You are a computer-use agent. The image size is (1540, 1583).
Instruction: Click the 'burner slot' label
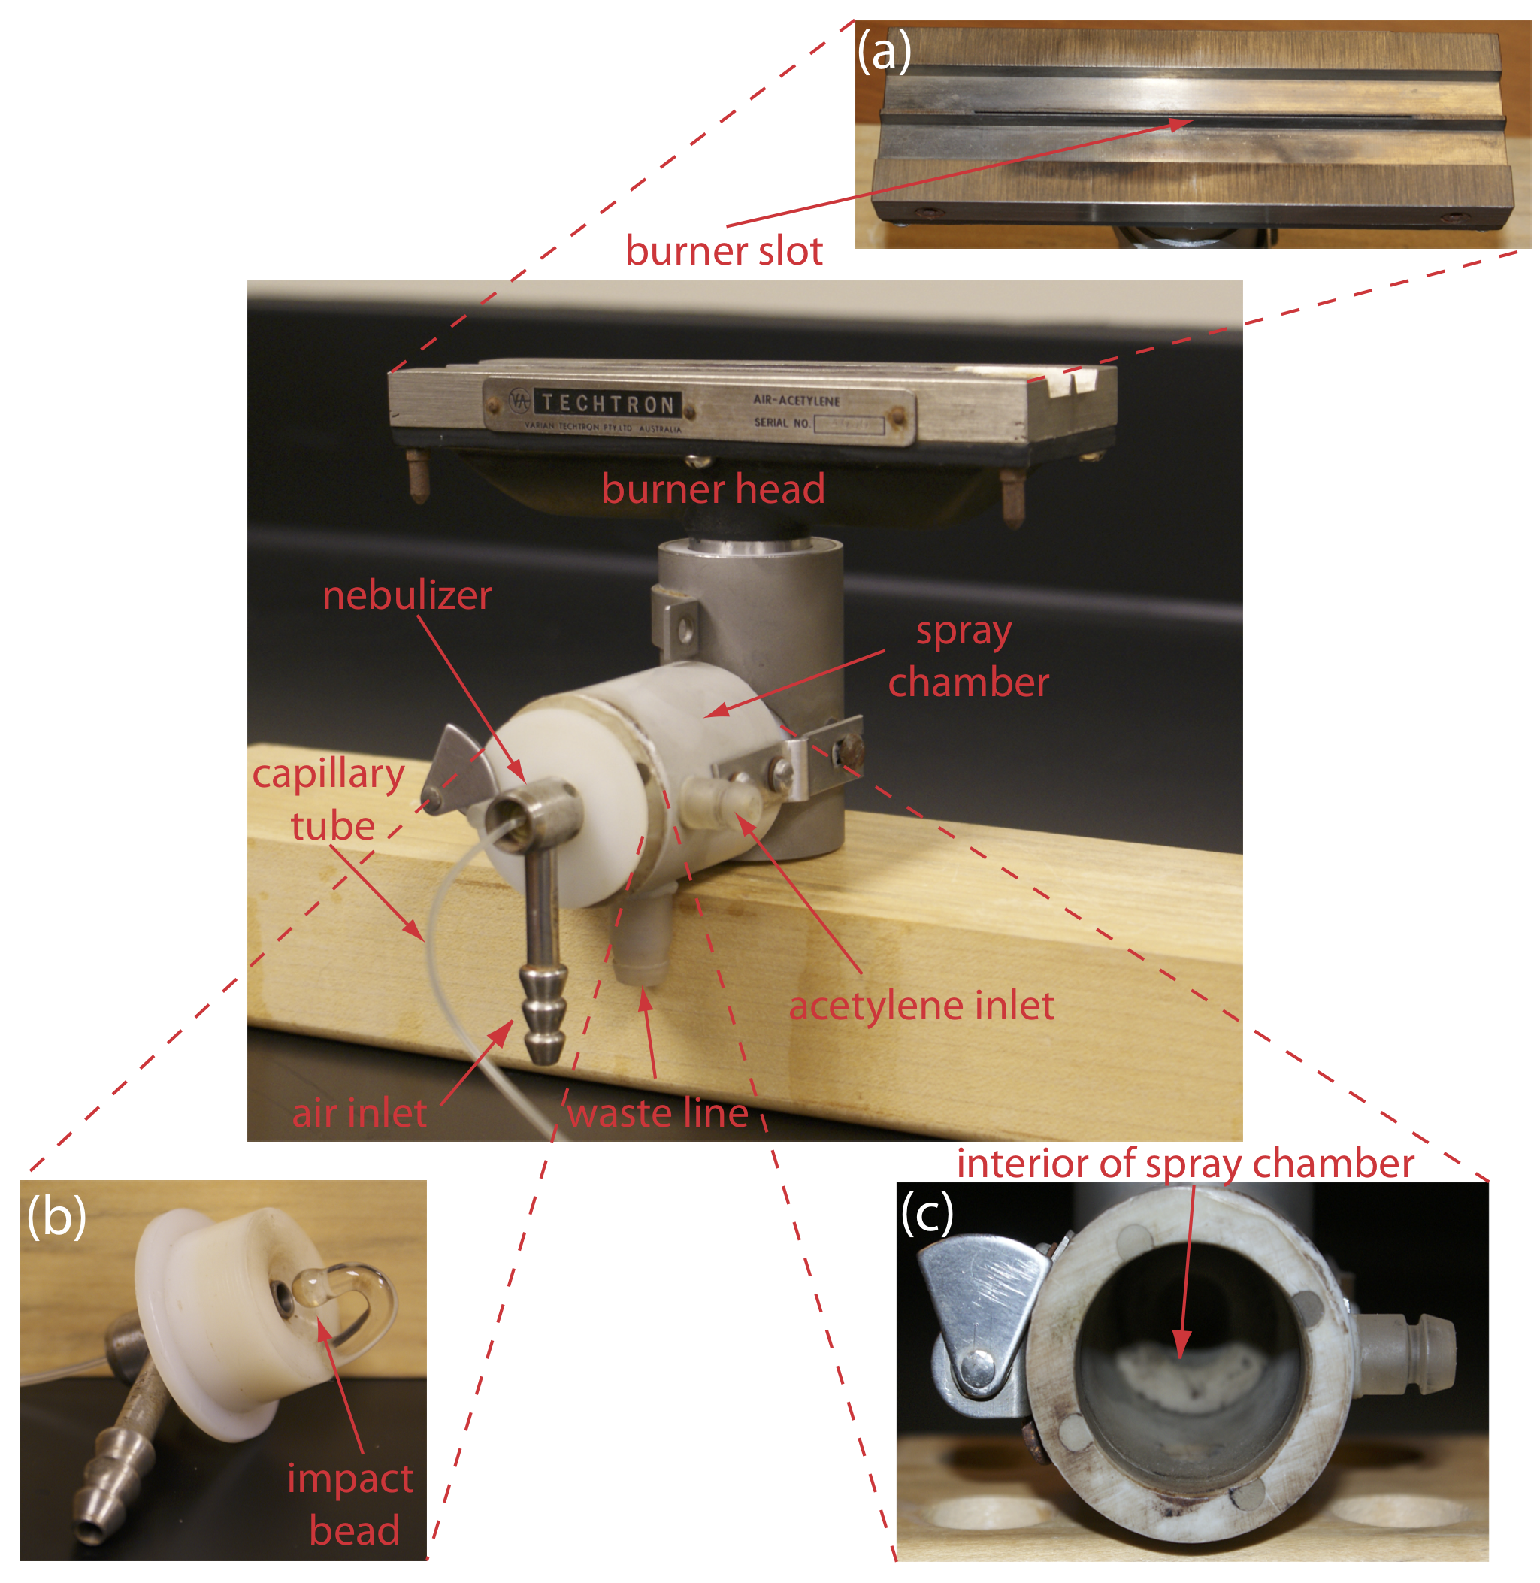724,251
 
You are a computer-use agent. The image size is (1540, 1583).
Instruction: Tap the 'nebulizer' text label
407,595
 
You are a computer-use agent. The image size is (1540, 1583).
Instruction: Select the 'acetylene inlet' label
921,1006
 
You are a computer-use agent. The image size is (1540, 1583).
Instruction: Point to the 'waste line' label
658,1113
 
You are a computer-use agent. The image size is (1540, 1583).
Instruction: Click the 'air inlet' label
359,1113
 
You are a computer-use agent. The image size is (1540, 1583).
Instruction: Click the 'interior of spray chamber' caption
1186,1165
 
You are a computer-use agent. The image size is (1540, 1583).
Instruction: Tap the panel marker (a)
884,52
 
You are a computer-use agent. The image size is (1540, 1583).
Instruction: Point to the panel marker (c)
927,1213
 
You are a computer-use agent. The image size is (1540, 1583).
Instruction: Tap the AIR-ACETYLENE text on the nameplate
796,401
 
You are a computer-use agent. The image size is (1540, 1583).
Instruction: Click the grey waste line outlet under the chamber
643,938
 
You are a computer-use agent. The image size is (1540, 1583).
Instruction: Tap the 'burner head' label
713,489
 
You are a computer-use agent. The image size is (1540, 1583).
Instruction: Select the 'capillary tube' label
330,800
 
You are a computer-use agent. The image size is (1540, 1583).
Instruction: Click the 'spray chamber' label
968,657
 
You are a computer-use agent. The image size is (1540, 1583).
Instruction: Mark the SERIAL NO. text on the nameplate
782,422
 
